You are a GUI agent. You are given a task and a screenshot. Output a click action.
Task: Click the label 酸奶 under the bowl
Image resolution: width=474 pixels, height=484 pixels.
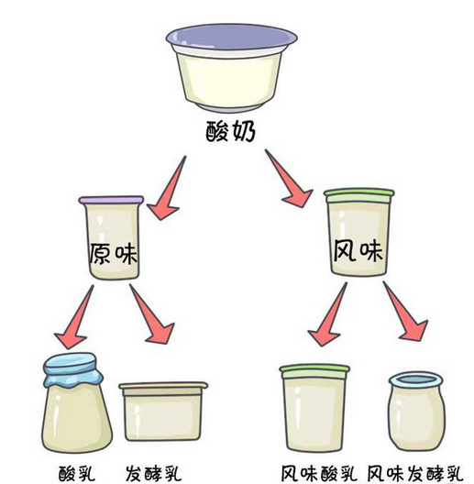tap(231, 131)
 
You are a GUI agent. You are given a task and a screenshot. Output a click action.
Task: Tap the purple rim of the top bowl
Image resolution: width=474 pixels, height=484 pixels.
tap(232, 38)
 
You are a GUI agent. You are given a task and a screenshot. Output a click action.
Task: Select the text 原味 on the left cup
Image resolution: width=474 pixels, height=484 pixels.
tap(114, 253)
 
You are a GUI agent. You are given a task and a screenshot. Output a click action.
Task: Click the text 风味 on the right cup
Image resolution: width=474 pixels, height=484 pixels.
tap(358, 250)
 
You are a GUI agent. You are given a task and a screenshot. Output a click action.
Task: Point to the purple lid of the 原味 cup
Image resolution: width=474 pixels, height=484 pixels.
tap(111, 200)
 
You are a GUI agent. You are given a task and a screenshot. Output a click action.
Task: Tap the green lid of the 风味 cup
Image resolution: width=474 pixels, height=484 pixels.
tap(359, 195)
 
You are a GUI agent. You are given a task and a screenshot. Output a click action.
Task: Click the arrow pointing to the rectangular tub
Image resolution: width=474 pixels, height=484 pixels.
tap(151, 314)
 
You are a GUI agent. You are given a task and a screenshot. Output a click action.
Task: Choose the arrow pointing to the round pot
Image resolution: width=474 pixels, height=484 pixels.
tap(405, 311)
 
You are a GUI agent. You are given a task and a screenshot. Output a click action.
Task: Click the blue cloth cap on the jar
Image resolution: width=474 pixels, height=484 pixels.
tap(73, 369)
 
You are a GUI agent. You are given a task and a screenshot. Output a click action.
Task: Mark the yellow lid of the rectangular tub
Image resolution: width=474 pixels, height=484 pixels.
tap(163, 386)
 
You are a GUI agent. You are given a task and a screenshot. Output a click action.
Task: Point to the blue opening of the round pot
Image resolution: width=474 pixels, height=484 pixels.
tap(415, 379)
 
